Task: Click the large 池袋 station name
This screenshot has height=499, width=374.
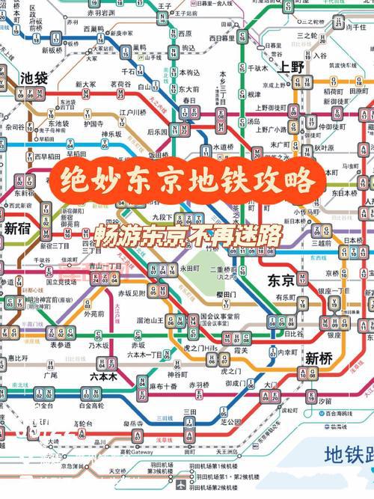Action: click(33, 78)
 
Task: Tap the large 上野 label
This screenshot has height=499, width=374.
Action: click(292, 66)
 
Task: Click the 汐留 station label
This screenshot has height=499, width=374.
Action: click(323, 402)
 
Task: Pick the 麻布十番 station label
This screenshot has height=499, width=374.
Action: click(163, 386)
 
